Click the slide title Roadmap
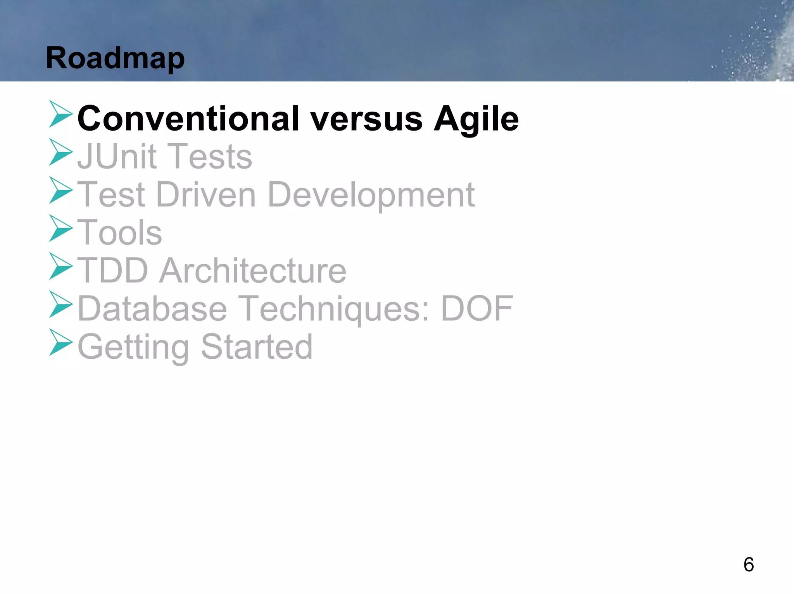point(115,58)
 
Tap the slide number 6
point(749,564)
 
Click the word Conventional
point(188,119)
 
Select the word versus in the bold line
point(366,119)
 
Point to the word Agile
point(476,119)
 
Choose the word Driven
point(206,194)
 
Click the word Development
point(371,194)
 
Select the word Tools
point(120,232)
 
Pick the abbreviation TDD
point(113,270)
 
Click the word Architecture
point(253,270)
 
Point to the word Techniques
point(334,308)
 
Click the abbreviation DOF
point(477,308)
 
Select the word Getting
point(133,347)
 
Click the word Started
point(257,347)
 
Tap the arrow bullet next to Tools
point(60,229)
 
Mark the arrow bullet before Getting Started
point(60,342)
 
